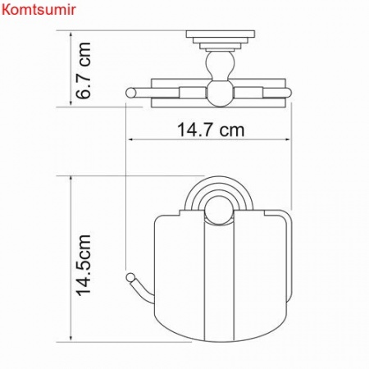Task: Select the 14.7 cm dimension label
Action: tap(210, 130)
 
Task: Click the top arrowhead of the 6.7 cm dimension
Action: tap(69, 35)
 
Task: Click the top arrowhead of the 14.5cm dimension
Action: tap(69, 178)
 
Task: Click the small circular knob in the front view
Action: tap(220, 216)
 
